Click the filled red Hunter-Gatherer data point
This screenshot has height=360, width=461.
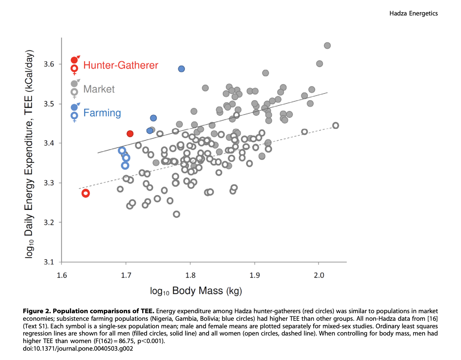(130, 134)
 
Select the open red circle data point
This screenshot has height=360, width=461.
(86, 193)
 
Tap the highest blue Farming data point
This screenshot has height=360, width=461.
(182, 69)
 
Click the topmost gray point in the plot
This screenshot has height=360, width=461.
(327, 46)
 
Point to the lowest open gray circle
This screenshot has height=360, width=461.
(176, 214)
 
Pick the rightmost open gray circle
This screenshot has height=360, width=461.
(335, 126)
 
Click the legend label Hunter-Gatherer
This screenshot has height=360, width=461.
(121, 65)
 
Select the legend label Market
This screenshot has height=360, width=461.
(99, 89)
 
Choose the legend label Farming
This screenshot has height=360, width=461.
(102, 113)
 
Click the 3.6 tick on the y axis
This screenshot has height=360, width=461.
(49, 64)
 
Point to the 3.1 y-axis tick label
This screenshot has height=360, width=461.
(49, 262)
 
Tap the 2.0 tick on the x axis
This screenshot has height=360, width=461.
(319, 275)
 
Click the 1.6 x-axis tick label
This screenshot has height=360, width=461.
(62, 275)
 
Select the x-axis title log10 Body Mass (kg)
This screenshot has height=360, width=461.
(196, 291)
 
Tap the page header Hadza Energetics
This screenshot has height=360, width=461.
(413, 13)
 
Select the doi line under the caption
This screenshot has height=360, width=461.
(78, 348)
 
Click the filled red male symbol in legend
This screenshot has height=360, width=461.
(75, 60)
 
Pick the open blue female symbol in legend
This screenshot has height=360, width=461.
(74, 116)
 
